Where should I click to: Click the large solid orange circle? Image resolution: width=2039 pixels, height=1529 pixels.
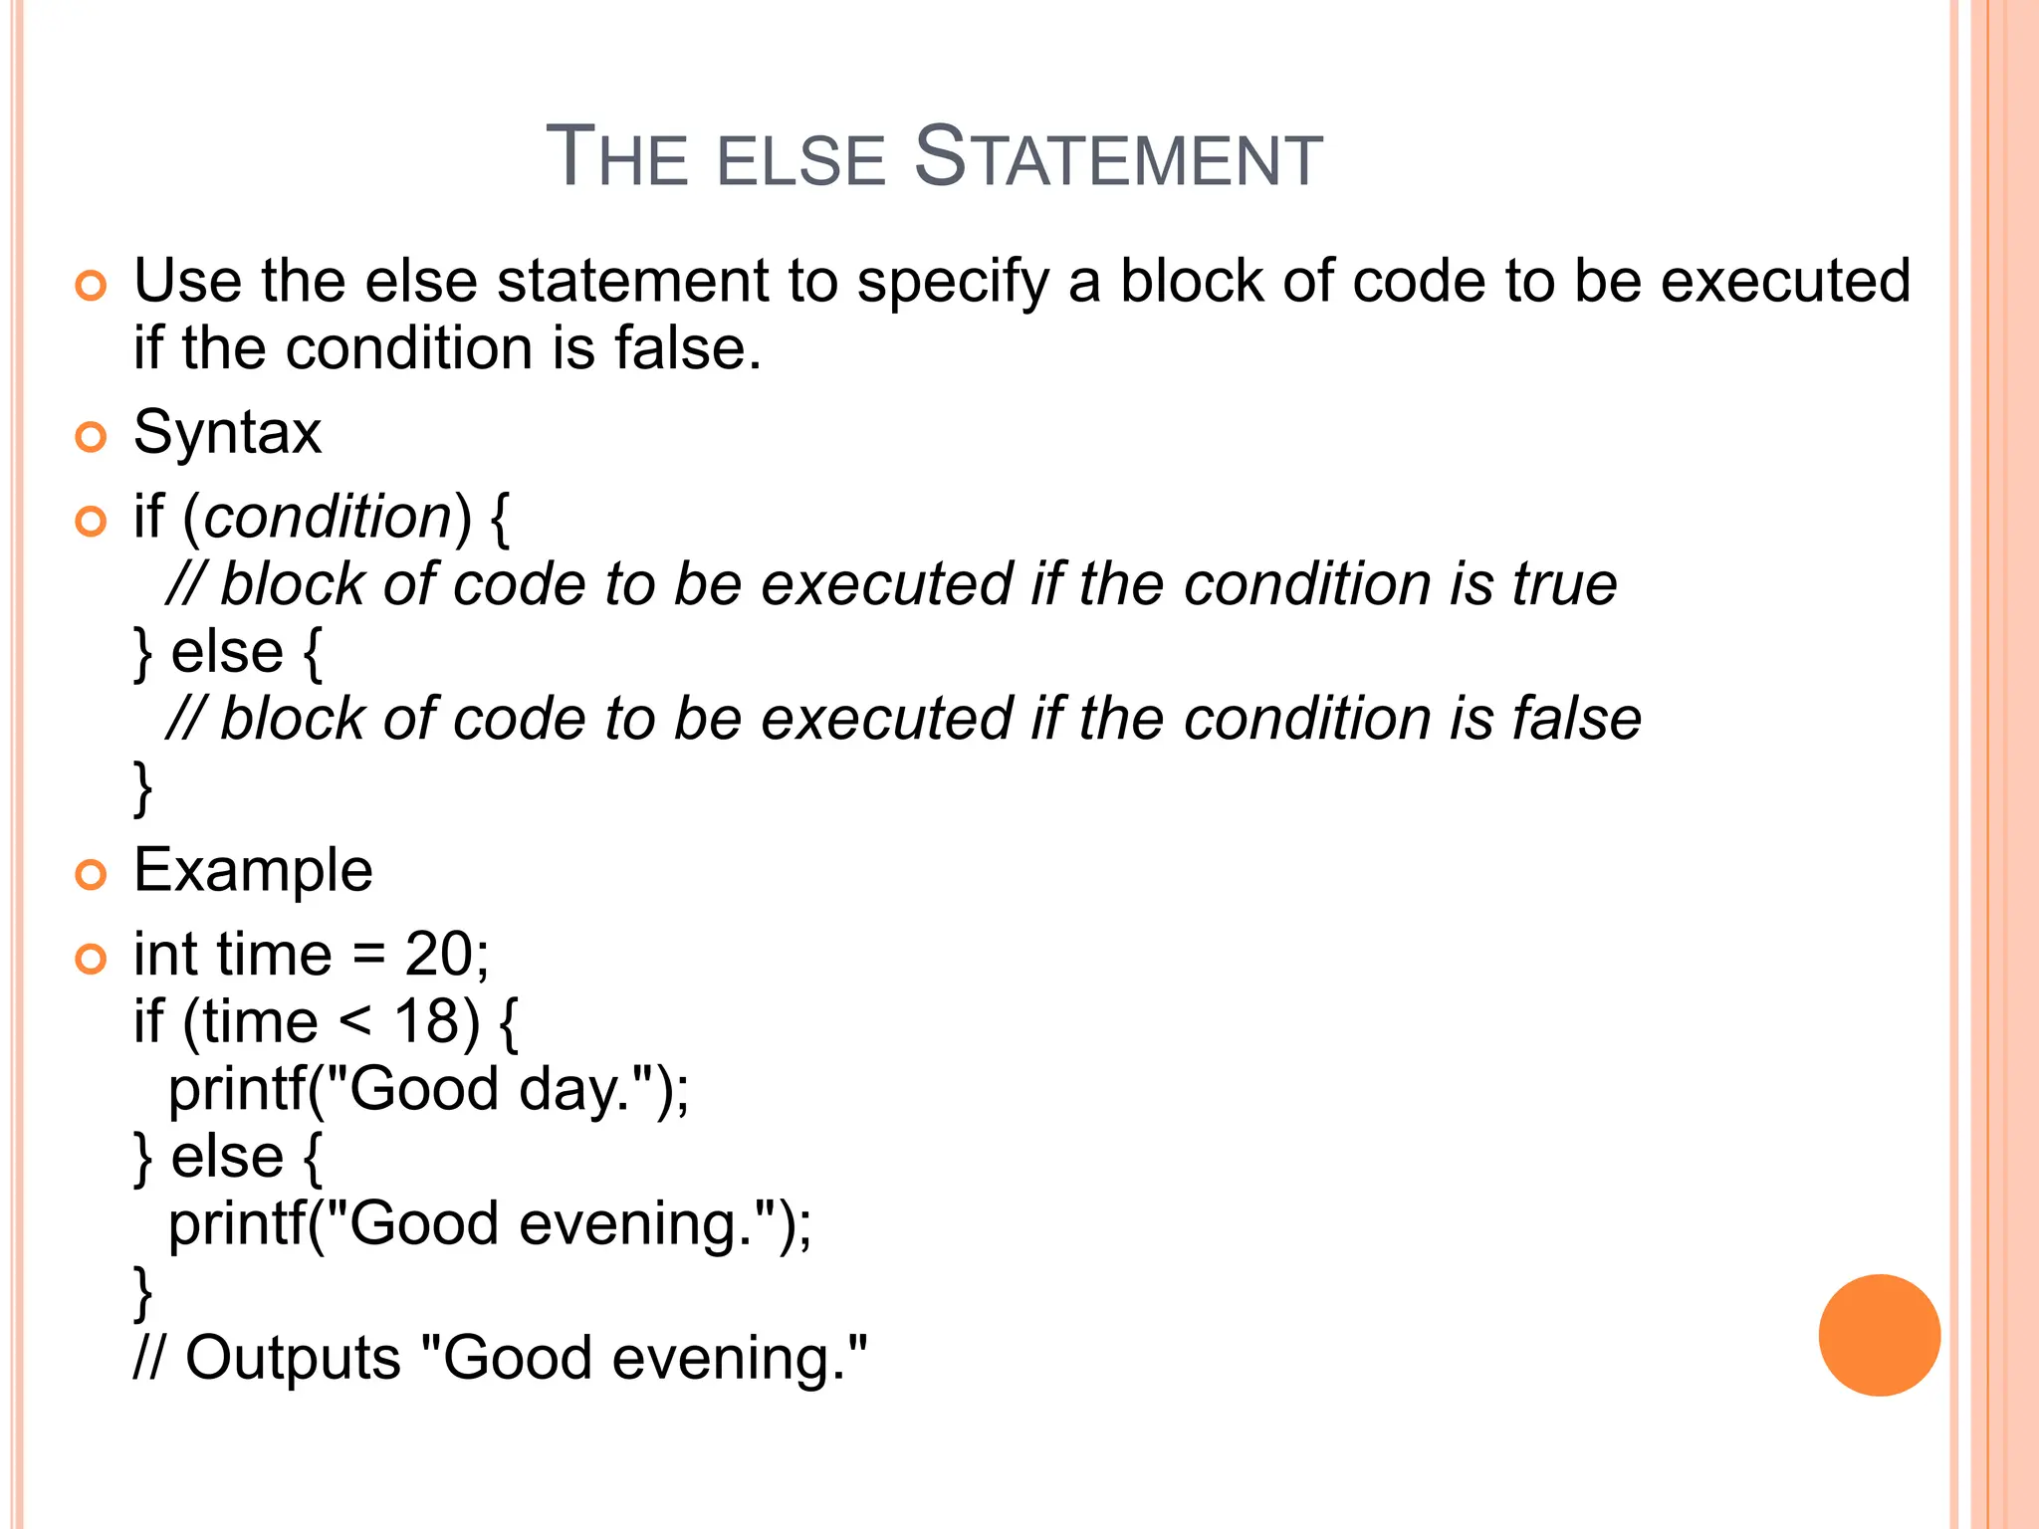[x=1879, y=1335]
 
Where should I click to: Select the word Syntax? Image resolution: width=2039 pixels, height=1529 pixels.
[x=227, y=434]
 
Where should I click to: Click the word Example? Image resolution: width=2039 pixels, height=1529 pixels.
[x=253, y=871]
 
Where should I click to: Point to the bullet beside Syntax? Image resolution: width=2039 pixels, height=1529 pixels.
[x=91, y=436]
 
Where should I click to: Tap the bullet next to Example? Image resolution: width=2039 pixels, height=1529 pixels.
[x=91, y=875]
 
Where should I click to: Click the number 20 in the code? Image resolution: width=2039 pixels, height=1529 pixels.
[x=438, y=955]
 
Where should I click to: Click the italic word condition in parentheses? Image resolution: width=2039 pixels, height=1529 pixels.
[x=329, y=518]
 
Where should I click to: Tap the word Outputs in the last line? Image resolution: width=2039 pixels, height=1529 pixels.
[x=293, y=1358]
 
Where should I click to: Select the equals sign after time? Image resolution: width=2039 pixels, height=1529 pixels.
[x=367, y=957]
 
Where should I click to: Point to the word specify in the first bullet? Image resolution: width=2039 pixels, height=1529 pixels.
[x=953, y=283]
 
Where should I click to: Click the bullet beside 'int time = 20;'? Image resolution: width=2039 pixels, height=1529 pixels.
[x=91, y=959]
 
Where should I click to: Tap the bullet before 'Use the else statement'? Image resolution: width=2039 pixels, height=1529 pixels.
[x=91, y=286]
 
